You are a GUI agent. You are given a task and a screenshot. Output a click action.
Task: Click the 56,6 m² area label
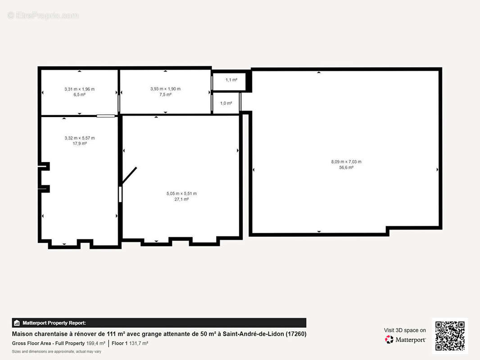pos(346,167)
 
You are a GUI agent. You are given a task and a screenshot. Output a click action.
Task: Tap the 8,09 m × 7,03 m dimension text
pos(346,162)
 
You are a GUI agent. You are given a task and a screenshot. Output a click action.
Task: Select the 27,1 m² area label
pos(181,199)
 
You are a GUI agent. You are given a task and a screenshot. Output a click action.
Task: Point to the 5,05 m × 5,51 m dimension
pos(181,193)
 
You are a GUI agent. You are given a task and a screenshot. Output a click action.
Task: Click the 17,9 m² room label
pos(80,144)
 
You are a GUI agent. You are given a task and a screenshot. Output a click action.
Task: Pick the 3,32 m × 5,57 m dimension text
pos(80,138)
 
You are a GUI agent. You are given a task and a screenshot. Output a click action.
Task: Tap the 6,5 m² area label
pos(79,94)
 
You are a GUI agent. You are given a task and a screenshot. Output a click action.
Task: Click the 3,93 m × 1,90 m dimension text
pos(165,89)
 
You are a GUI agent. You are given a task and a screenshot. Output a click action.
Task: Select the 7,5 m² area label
pos(165,94)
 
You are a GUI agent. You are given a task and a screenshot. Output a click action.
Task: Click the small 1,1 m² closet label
pos(231,80)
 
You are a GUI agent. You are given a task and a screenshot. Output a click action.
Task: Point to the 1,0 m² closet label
pos(226,103)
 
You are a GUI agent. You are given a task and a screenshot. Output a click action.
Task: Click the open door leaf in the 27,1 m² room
pos(129,176)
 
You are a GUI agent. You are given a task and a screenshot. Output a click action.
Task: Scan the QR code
pos(450,336)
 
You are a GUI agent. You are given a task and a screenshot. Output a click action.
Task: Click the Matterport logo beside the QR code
pos(405,339)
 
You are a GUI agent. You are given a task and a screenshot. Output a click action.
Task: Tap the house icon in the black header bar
pos(17,323)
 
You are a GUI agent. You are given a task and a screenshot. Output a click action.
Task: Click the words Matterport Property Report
pos(54,323)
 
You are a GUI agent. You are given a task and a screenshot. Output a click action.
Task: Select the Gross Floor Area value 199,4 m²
pos(96,343)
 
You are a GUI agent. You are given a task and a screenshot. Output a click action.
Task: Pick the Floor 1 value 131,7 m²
pos(139,343)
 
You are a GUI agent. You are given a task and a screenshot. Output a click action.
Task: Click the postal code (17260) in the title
pos(296,334)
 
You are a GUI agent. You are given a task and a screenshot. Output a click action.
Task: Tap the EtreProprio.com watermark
pos(43,15)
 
